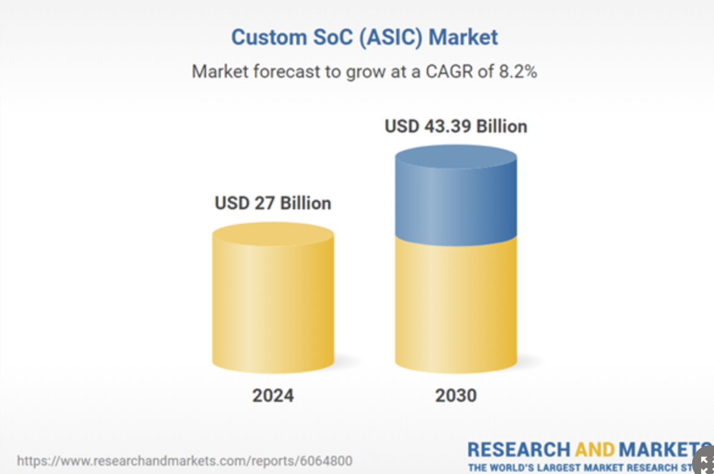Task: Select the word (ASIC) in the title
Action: (x=391, y=37)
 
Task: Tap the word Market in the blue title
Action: (x=463, y=37)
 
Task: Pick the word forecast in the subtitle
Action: (x=287, y=71)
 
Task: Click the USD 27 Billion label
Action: (x=273, y=203)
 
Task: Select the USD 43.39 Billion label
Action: (x=456, y=126)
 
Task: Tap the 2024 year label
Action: (x=273, y=395)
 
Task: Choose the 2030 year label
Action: (x=456, y=395)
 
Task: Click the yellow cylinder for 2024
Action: (x=273, y=298)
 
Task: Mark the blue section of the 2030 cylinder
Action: (x=456, y=196)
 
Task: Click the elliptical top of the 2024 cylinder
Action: (x=273, y=234)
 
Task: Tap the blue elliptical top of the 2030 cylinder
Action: (x=456, y=157)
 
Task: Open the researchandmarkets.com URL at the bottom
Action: (x=184, y=461)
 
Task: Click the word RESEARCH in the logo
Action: (x=519, y=450)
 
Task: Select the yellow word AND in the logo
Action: (x=594, y=450)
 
